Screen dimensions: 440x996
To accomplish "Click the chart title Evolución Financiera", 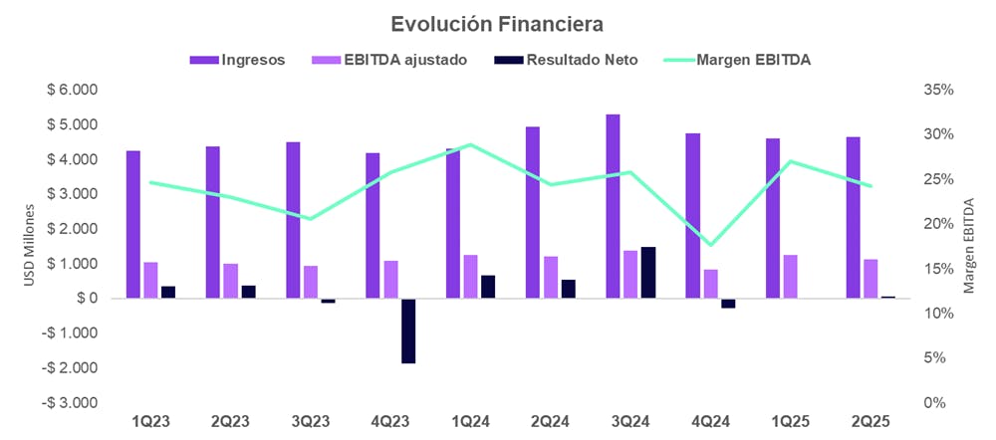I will pos(497,22).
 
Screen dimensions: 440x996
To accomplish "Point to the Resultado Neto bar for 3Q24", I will pos(648,273).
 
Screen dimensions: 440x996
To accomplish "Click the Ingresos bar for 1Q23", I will pos(133,225).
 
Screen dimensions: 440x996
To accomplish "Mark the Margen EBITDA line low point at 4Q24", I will pos(710,245).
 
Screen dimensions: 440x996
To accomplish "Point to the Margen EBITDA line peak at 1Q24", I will pos(470,144).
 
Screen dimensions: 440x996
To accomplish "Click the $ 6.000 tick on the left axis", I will pos(76,90).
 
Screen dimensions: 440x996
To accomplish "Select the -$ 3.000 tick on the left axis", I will pos(74,403).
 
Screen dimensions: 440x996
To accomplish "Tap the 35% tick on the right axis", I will pos(940,90).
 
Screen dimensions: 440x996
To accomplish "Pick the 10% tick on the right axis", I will pos(940,314).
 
